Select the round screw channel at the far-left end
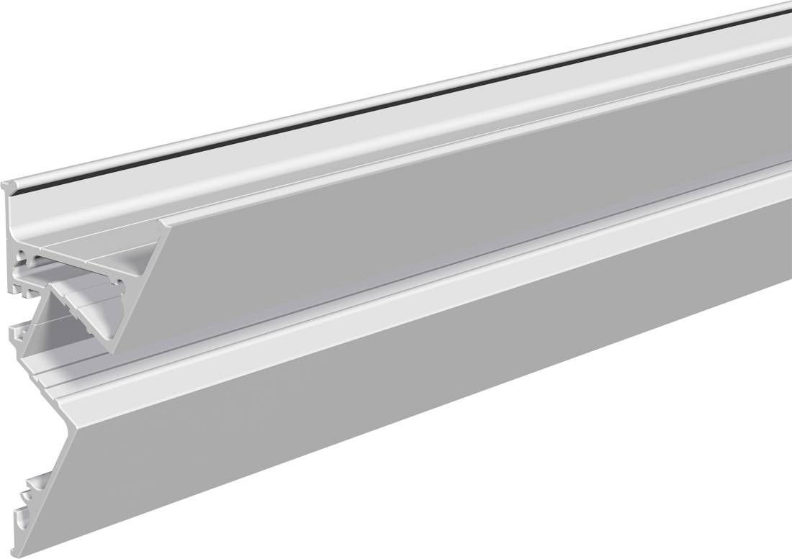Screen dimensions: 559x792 pyautogui.click(x=23, y=256)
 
